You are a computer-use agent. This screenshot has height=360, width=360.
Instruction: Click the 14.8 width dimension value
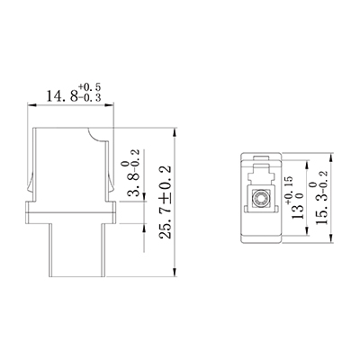pyautogui.click(x=62, y=96)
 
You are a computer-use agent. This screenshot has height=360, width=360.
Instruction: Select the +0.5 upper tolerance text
pyautogui.click(x=90, y=87)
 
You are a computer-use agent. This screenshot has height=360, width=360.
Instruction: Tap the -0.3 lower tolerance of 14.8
pyautogui.click(x=90, y=97)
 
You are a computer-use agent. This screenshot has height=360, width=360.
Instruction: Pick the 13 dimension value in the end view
pyautogui.click(x=298, y=211)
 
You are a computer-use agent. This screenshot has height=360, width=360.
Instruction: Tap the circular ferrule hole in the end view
pyautogui.click(x=259, y=199)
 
